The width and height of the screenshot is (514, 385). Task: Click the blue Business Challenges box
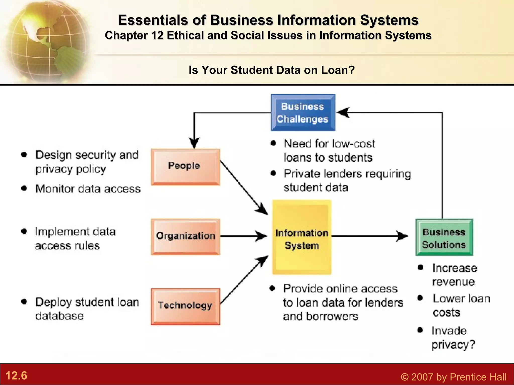(303, 113)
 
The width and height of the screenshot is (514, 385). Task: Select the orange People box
(185, 167)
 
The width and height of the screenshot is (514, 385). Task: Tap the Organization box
(185, 237)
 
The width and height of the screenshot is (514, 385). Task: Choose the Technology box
(185, 306)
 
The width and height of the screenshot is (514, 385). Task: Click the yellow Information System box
(302, 237)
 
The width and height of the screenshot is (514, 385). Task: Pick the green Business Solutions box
(444, 237)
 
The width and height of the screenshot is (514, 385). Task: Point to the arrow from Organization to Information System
(242, 236)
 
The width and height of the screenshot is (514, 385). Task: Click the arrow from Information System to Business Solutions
(369, 236)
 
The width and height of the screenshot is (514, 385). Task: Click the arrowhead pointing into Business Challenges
(343, 113)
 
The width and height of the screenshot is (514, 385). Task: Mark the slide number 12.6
(16, 375)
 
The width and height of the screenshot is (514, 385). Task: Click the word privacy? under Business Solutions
(453, 344)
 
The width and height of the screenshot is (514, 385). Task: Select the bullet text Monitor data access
(88, 189)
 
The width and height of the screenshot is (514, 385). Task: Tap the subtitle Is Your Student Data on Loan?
(272, 70)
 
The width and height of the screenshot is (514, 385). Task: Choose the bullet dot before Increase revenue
(421, 267)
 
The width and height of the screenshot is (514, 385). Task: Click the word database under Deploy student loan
(59, 316)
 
